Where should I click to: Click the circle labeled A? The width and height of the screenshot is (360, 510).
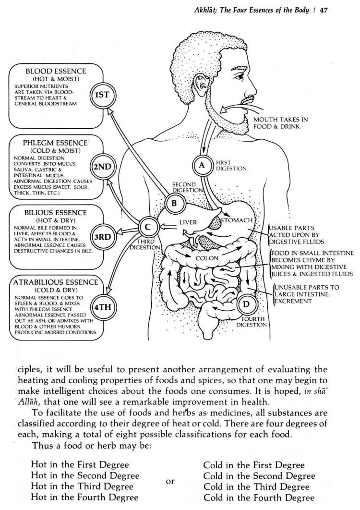click(202, 165)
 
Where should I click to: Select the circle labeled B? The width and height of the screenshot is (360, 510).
click(174, 203)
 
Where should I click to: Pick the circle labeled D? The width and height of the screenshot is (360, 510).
click(246, 304)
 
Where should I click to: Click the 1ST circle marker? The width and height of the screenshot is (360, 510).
click(102, 95)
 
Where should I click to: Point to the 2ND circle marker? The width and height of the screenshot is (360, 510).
click(102, 167)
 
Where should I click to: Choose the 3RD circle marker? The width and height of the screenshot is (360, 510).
click(101, 237)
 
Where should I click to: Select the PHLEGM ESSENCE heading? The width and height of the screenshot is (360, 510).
click(55, 143)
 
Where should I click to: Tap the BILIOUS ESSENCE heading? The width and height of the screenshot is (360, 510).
click(55, 212)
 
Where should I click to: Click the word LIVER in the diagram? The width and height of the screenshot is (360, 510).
click(188, 223)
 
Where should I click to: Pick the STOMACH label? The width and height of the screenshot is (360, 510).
click(236, 220)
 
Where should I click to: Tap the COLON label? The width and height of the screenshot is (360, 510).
click(206, 258)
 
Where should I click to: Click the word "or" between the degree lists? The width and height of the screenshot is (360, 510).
click(170, 481)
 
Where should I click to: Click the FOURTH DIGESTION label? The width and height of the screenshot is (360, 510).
click(252, 321)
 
